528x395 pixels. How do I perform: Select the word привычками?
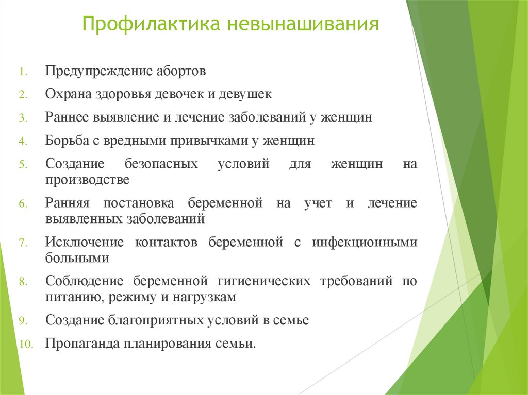pos(205,140)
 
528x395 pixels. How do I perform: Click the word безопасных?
pos(161,164)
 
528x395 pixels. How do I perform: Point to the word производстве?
pos(87,180)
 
